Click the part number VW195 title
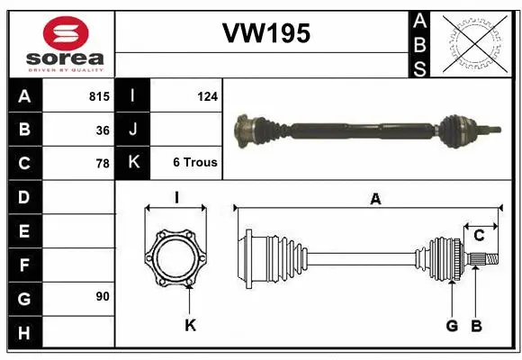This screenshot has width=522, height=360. pyautogui.click(x=265, y=34)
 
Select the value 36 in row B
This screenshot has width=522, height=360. pyautogui.click(x=103, y=130)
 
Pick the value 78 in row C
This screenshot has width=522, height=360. pyautogui.click(x=103, y=164)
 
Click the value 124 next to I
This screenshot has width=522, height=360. pyautogui.click(x=208, y=94)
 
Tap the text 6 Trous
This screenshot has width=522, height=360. pyautogui.click(x=195, y=163)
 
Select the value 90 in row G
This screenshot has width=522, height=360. pyautogui.click(x=103, y=295)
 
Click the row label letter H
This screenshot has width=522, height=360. pyautogui.click(x=23, y=332)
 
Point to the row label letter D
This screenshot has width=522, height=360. pyautogui.click(x=23, y=196)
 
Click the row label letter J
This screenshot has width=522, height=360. pyautogui.click(x=133, y=130)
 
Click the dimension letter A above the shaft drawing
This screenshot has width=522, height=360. pyautogui.click(x=375, y=200)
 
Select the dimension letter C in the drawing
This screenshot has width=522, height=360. pyautogui.click(x=479, y=236)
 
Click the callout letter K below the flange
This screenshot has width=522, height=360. pyautogui.click(x=190, y=325)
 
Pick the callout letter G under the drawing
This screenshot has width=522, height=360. pyautogui.click(x=451, y=325)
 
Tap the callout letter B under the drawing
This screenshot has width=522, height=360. pyautogui.click(x=478, y=325)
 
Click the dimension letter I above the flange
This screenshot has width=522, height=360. pyautogui.click(x=176, y=197)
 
